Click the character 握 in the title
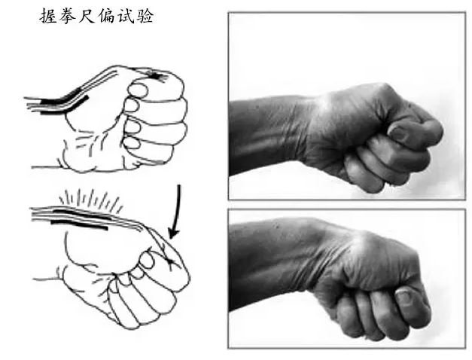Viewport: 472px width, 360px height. (x=48, y=16)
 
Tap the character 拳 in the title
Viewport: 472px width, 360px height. (x=68, y=16)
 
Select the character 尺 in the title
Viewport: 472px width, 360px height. (x=87, y=16)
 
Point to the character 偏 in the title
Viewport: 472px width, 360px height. (x=106, y=16)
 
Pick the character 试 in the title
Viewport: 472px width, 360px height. (x=125, y=16)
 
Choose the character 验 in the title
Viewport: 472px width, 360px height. (x=145, y=16)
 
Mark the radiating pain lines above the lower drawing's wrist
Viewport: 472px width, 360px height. (x=91, y=200)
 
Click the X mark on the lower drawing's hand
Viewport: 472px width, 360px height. (x=171, y=261)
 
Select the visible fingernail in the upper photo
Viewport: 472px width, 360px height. (x=400, y=133)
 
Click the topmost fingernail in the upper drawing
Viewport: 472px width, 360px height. (x=138, y=90)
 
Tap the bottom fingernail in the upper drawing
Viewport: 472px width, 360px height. (x=132, y=142)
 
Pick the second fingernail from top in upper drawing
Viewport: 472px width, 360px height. (x=132, y=105)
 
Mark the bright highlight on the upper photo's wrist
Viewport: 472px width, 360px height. (x=324, y=102)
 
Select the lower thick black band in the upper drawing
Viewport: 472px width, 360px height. (x=64, y=106)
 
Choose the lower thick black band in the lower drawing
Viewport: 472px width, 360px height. (x=79, y=225)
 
